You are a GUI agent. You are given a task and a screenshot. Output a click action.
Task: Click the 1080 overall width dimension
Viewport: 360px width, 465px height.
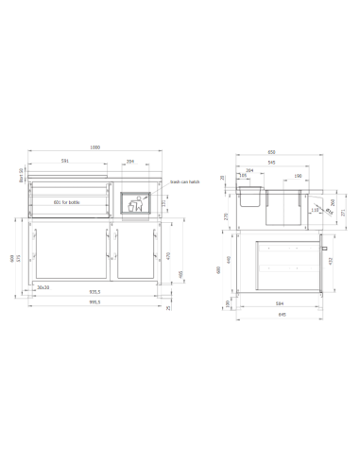[x=94, y=147]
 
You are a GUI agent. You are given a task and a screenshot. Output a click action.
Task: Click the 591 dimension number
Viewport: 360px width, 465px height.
[x=65, y=162]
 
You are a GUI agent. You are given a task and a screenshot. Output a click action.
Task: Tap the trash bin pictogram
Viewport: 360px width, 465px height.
[x=137, y=204]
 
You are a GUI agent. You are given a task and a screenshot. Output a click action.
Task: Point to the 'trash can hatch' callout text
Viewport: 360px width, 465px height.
[x=185, y=181]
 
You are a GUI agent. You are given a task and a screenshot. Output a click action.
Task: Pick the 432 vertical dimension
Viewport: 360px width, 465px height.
[x=330, y=262]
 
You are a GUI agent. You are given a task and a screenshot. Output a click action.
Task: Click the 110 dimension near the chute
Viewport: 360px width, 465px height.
[x=315, y=211]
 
